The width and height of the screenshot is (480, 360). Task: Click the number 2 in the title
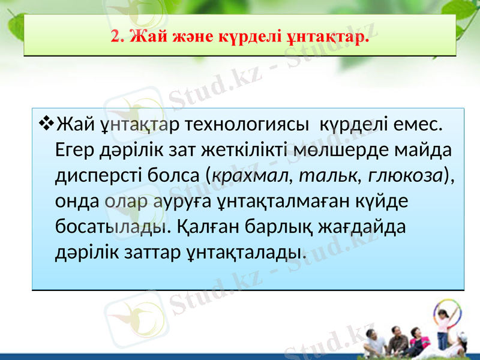[115, 38]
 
